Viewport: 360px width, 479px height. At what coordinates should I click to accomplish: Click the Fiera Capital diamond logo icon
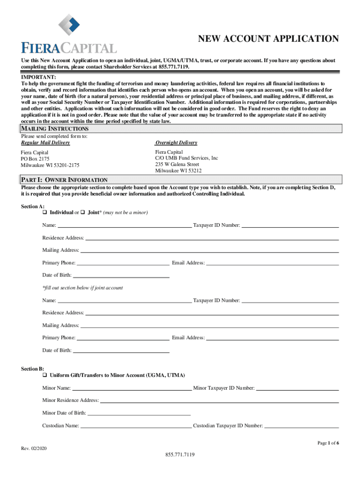coord(69,27)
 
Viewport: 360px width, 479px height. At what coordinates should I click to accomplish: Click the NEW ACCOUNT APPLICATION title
coord(268,39)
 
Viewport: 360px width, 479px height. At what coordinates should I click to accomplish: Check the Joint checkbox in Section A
coord(82,213)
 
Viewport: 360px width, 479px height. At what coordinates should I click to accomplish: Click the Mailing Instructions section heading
coord(55,129)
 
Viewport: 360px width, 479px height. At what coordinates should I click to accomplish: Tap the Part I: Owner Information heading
coord(65,180)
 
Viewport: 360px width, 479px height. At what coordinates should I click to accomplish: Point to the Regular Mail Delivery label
coord(45,143)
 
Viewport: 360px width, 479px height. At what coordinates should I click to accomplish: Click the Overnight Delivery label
coord(176,143)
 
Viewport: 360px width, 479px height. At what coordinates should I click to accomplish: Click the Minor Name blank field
coord(132,388)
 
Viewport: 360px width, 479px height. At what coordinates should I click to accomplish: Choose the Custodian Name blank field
coord(136,426)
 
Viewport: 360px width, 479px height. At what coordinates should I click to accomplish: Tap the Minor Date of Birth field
coord(139,413)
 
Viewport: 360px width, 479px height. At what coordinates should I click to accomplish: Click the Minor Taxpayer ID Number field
coord(297,388)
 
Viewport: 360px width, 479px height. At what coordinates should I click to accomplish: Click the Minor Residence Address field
coord(219,400)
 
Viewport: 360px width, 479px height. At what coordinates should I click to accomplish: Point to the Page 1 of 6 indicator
coord(328,443)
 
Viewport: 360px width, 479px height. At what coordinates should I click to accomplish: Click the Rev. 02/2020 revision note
coord(34,449)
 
